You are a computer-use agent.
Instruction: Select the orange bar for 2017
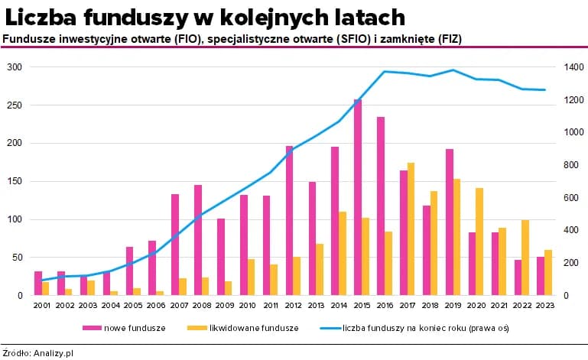click(411, 229)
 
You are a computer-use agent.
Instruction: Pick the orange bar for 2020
click(479, 242)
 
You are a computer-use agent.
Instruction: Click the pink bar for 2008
click(198, 240)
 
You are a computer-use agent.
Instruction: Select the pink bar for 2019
click(450, 222)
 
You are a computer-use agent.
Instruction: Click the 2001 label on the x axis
click(41, 306)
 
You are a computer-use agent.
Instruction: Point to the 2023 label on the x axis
click(544, 306)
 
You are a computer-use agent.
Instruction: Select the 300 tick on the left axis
click(15, 67)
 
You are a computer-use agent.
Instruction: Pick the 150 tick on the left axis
click(15, 181)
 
